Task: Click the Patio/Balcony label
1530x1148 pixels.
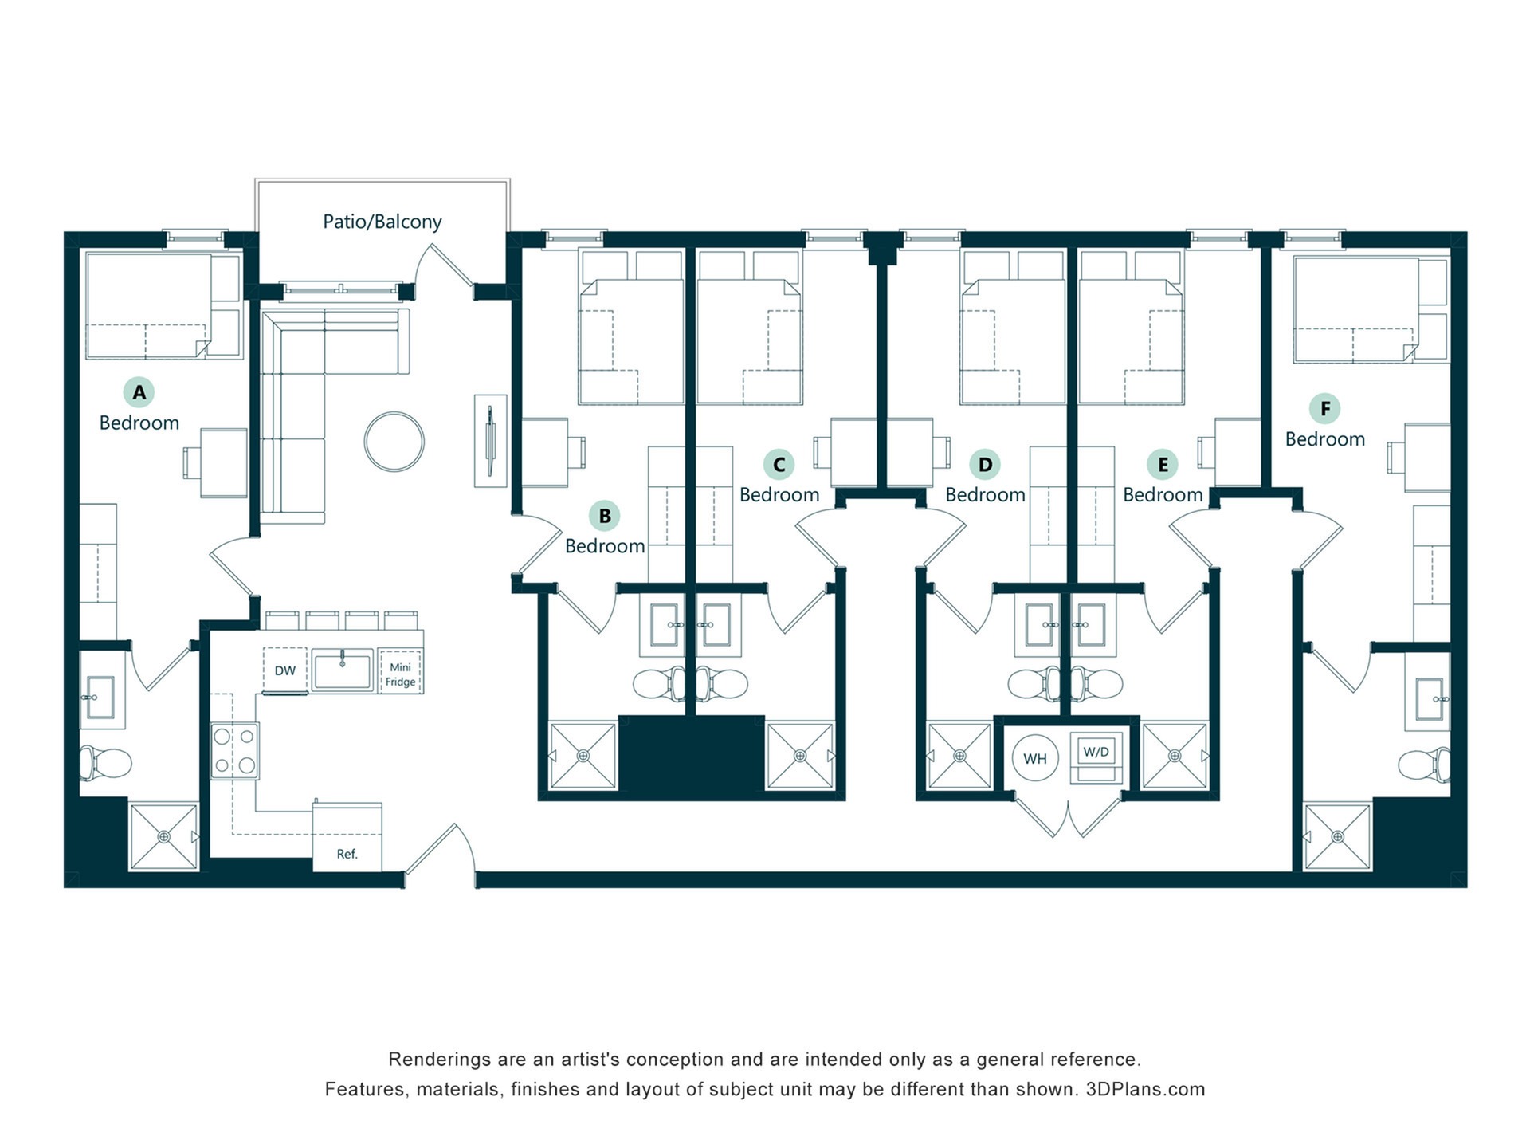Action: pos(382,222)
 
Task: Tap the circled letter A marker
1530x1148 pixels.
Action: pos(139,392)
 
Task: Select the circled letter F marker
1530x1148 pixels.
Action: pos(1325,409)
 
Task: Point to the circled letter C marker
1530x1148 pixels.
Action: pos(779,465)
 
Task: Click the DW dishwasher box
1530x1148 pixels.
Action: pos(285,670)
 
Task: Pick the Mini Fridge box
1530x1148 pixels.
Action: pos(400,670)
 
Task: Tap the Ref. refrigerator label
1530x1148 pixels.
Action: pos(347,854)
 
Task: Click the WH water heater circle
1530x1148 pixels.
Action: pos(1035,758)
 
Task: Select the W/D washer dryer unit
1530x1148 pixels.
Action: pos(1096,757)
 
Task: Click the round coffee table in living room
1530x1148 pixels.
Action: pos(394,442)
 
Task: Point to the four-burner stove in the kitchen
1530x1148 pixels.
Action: pos(234,750)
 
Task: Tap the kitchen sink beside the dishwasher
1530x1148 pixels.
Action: pos(342,670)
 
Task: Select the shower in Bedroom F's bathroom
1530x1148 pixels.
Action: pos(1337,837)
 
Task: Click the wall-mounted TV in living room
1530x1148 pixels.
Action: pos(490,441)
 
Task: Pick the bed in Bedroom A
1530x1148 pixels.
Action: pos(164,305)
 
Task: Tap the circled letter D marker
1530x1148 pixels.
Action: pos(986,465)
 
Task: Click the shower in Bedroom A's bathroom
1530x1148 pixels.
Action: pos(164,836)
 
